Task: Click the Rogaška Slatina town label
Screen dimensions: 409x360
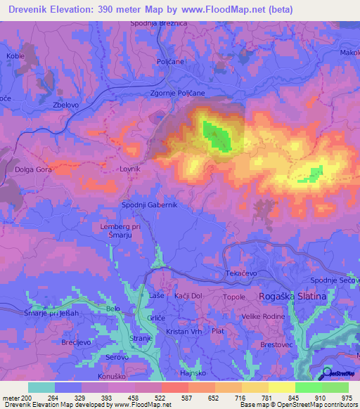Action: (x=293, y=297)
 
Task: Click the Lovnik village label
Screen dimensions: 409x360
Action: (x=130, y=169)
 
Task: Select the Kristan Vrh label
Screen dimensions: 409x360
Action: (x=184, y=331)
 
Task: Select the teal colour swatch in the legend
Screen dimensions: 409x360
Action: (x=41, y=387)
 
